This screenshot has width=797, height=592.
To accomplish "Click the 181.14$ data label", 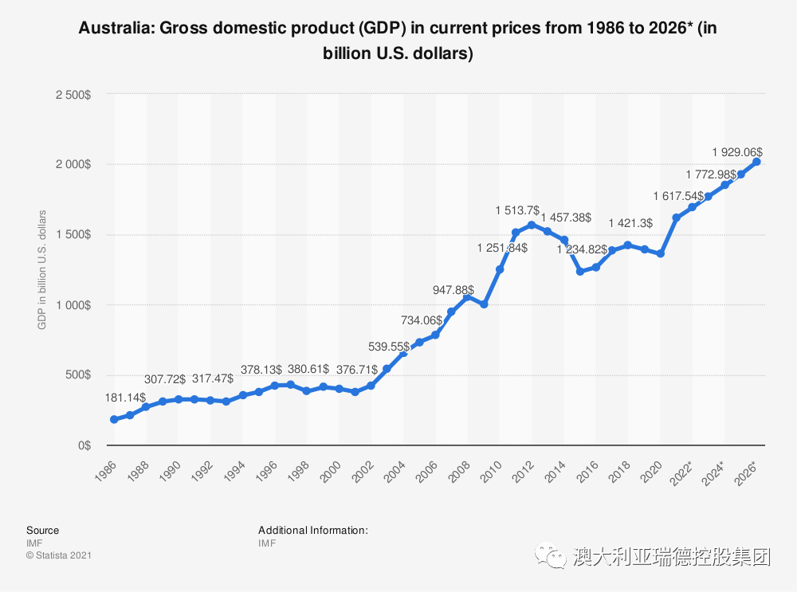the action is pyautogui.click(x=125, y=398).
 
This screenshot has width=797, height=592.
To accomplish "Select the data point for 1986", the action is pyautogui.click(x=114, y=419).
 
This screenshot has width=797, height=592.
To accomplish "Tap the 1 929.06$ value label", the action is pyautogui.click(x=737, y=152).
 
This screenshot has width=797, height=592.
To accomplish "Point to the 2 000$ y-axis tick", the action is pyautogui.click(x=73, y=164).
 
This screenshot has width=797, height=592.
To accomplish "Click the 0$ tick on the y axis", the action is pyautogui.click(x=84, y=445).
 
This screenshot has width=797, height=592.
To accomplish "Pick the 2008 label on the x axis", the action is pyautogui.click(x=460, y=472).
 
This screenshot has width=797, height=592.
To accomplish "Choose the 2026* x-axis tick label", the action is pyautogui.click(x=746, y=473).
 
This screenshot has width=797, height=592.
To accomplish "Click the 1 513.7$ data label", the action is pyautogui.click(x=517, y=210).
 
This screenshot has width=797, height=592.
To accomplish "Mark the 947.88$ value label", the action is pyautogui.click(x=453, y=290).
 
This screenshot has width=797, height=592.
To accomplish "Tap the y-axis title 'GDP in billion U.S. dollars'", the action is pyautogui.click(x=41, y=270).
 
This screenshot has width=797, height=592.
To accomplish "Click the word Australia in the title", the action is pyautogui.click(x=116, y=27).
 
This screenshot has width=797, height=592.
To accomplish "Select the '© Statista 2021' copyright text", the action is pyautogui.click(x=59, y=555).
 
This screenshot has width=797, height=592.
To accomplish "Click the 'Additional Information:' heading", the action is pyautogui.click(x=313, y=530).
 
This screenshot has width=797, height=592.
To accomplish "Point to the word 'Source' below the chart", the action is pyautogui.click(x=43, y=530).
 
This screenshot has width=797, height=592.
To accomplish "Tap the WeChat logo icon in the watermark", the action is pyautogui.click(x=550, y=556).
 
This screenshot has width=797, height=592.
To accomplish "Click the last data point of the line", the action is pyautogui.click(x=756, y=162).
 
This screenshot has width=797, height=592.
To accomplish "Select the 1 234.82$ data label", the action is pyautogui.click(x=582, y=249).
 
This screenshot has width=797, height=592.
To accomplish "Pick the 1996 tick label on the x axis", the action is pyautogui.click(x=266, y=472).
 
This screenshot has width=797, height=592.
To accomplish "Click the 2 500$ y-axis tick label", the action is pyautogui.click(x=73, y=95).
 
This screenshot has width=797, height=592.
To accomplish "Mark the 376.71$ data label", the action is pyautogui.click(x=357, y=370).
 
